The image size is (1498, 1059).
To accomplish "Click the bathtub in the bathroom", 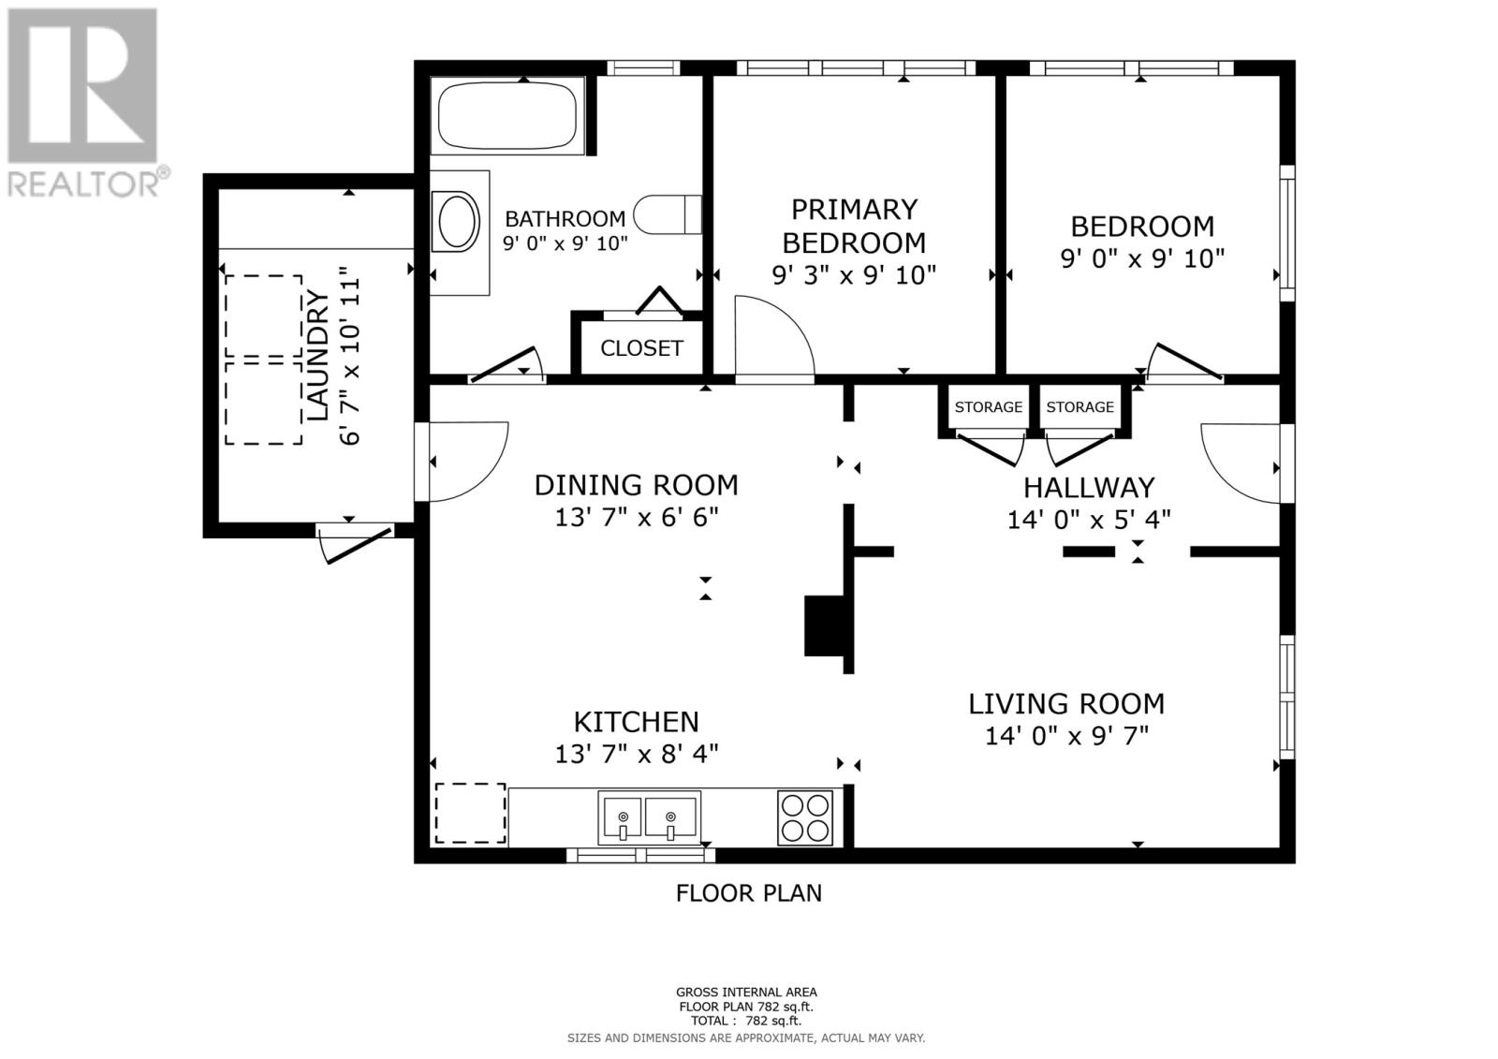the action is click(x=507, y=115).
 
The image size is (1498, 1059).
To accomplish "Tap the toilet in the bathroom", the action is click(x=668, y=214).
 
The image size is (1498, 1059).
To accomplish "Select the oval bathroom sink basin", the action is click(x=456, y=222).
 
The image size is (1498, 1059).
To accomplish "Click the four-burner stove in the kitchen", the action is click(x=805, y=817).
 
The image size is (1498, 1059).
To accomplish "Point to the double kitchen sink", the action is click(x=650, y=817).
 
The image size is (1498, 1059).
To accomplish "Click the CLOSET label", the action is click(x=641, y=348).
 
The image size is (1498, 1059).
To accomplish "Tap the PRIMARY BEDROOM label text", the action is click(x=854, y=226).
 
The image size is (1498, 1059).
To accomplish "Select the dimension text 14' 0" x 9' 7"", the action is click(x=1066, y=737).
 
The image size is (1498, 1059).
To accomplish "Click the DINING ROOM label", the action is click(x=636, y=486).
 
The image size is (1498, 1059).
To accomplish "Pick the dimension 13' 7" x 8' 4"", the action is click(x=637, y=755).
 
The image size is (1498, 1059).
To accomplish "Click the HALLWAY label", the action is click(x=1089, y=488).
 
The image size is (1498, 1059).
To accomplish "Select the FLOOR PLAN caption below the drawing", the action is click(x=748, y=893).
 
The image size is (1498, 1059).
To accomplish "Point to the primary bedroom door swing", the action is click(x=774, y=339).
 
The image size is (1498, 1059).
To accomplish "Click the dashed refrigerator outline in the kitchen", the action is click(x=470, y=814).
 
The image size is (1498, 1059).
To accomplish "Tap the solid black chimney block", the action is click(x=825, y=625).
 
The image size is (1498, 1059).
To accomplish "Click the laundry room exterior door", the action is click(x=355, y=542).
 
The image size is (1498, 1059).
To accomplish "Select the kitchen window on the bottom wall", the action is click(x=640, y=855).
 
